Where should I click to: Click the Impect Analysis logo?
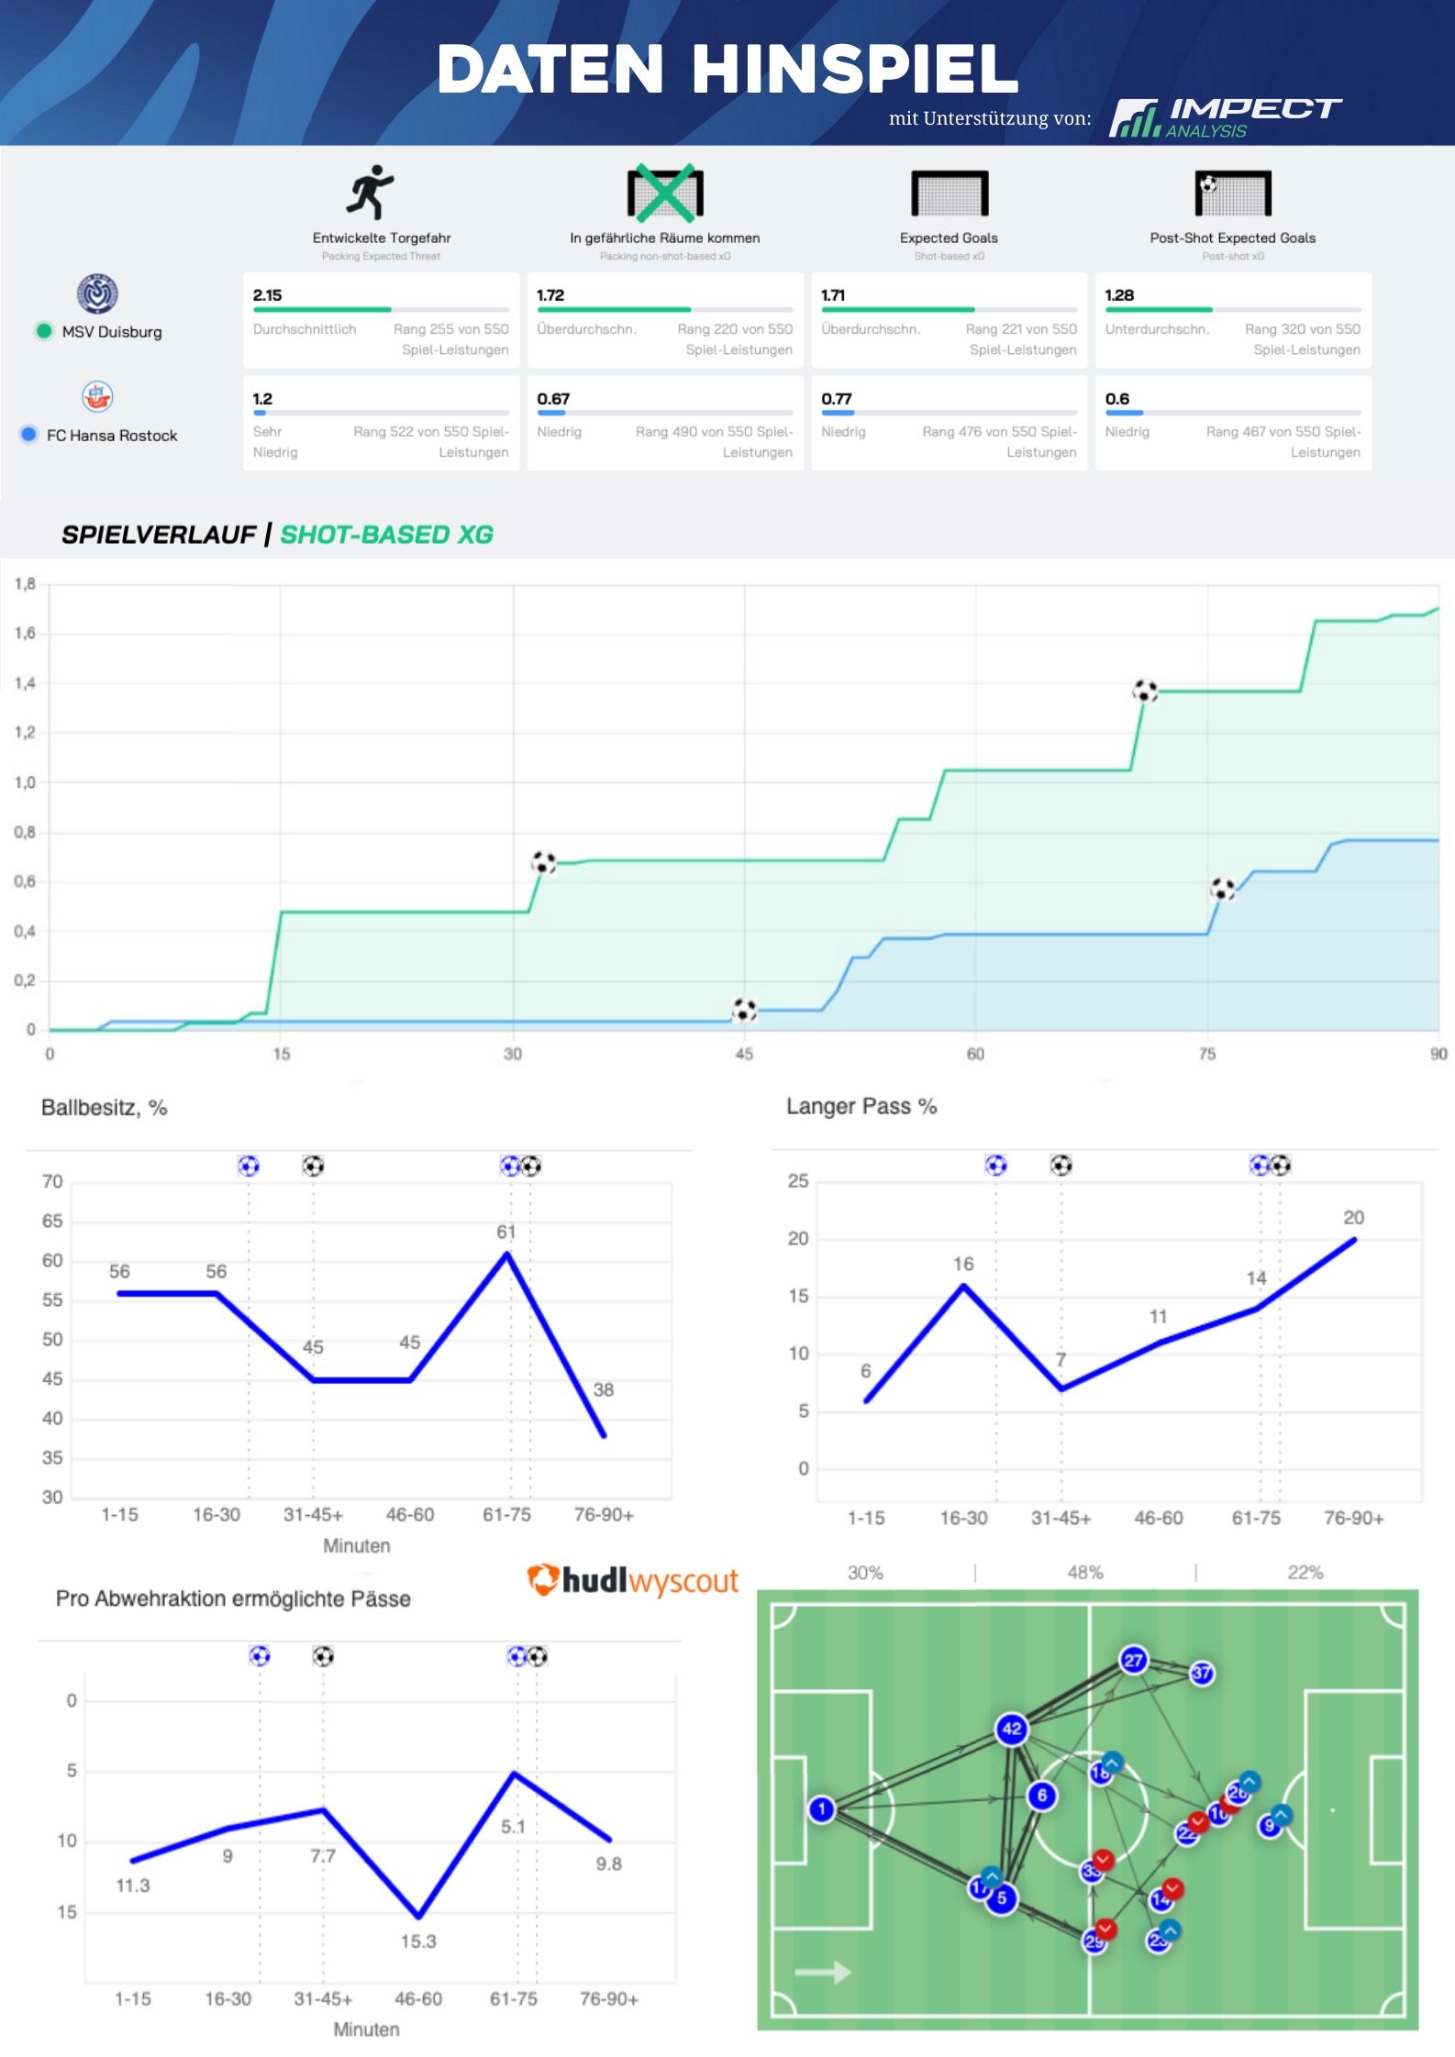click(x=1224, y=117)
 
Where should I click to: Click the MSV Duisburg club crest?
click(x=97, y=294)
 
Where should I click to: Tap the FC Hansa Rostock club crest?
click(x=97, y=397)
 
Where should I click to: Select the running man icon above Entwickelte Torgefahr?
click(x=371, y=193)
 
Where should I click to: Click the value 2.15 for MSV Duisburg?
click(x=267, y=295)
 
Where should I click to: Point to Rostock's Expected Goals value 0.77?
click(x=836, y=399)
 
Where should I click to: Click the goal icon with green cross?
click(x=665, y=194)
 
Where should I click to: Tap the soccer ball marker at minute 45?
click(x=744, y=1010)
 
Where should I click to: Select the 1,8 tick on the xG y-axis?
click(x=25, y=583)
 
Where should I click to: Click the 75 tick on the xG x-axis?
click(x=1207, y=1055)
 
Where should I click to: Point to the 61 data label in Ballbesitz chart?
click(x=506, y=1232)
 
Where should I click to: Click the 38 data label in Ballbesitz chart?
click(x=603, y=1389)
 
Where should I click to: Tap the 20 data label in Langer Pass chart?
click(x=1353, y=1218)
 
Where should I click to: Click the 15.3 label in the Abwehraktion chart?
click(x=418, y=1941)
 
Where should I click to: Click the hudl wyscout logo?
click(x=633, y=1580)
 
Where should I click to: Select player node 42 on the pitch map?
click(x=1011, y=1730)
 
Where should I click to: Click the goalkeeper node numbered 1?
click(x=822, y=1809)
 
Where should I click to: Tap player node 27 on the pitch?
click(x=1134, y=1660)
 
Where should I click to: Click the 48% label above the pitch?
click(x=1084, y=1573)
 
